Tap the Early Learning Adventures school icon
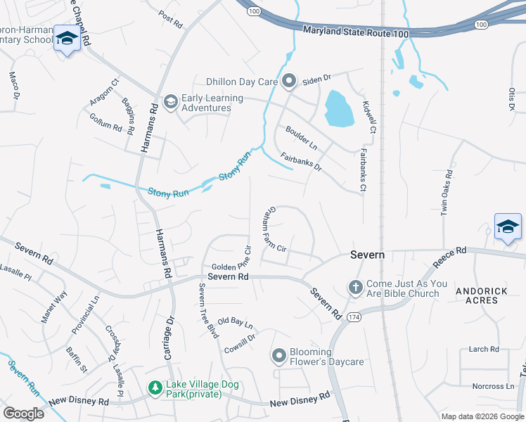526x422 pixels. coord(169,103)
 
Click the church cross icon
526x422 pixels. coord(355,288)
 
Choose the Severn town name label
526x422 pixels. coord(368,255)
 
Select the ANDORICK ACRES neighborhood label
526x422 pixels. coord(476,295)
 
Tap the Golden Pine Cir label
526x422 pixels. coord(231,267)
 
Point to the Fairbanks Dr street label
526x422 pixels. coord(301,162)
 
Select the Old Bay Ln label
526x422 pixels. coord(235,323)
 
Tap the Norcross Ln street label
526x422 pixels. coord(493,386)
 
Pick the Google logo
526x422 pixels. coord(23,414)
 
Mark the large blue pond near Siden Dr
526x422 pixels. coord(339,110)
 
